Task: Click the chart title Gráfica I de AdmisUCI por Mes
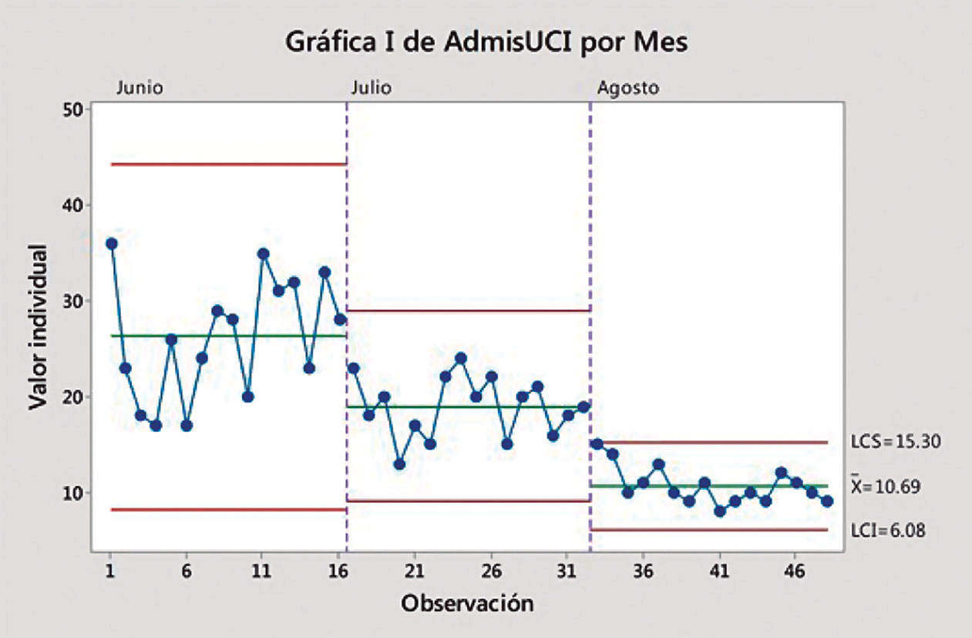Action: (x=486, y=42)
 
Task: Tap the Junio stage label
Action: (x=140, y=88)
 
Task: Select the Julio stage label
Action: (x=371, y=88)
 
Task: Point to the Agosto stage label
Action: (x=628, y=88)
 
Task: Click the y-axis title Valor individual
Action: (x=38, y=327)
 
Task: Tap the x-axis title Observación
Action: (x=466, y=603)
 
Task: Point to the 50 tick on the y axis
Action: (x=72, y=110)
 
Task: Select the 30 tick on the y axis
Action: (x=72, y=301)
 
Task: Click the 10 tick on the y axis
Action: (x=72, y=492)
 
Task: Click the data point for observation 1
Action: (x=111, y=244)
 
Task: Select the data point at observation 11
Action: (x=263, y=253)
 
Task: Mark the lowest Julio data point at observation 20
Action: (x=399, y=464)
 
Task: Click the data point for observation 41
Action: (x=720, y=511)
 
